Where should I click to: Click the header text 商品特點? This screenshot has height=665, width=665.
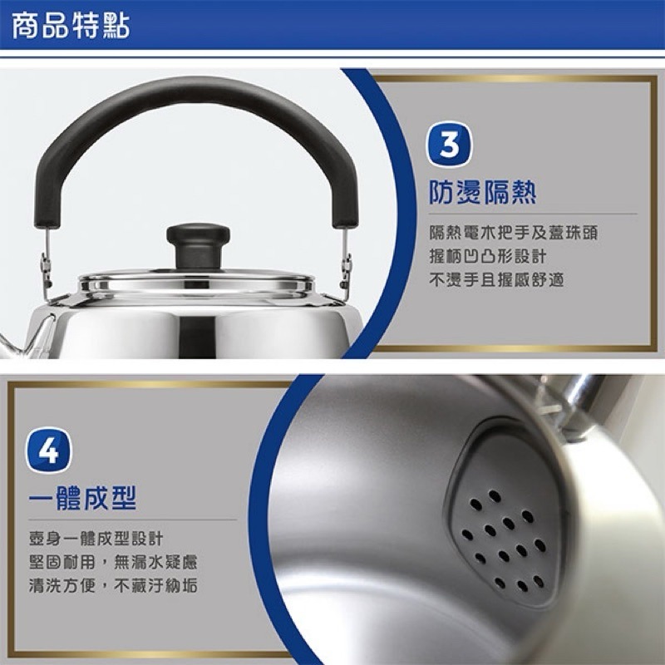coord(71,27)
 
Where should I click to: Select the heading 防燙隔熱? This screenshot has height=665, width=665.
coord(482,193)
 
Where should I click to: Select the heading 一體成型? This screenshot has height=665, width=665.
coord(81,499)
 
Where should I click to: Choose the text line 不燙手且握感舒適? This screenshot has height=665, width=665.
coord(496,280)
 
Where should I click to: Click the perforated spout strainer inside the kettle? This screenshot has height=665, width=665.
coord(502,532)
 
